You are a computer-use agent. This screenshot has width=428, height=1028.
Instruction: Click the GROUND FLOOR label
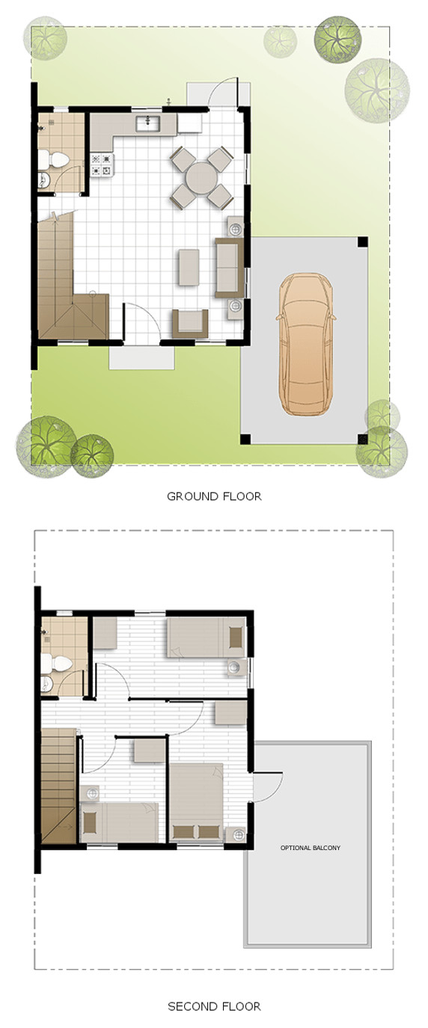pyautogui.click(x=214, y=496)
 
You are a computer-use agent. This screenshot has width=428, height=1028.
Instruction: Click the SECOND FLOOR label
pyautogui.click(x=214, y=1006)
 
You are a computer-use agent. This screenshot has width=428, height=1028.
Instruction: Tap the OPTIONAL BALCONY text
pyautogui.click(x=310, y=848)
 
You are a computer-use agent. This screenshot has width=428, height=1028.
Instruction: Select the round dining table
pyautogui.click(x=202, y=177)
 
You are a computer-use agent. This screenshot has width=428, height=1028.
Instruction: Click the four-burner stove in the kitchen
pyautogui.click(x=102, y=164)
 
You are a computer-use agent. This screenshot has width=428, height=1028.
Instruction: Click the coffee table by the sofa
pyautogui.click(x=189, y=267)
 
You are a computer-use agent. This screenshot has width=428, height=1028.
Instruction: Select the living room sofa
pyautogui.click(x=229, y=268)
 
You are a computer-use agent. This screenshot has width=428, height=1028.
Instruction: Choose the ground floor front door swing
pyautogui.click(x=140, y=321)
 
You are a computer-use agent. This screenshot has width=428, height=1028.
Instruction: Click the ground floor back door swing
pyautogui.click(x=222, y=92)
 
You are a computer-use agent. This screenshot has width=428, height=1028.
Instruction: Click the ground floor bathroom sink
pyautogui.click(x=44, y=179)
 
